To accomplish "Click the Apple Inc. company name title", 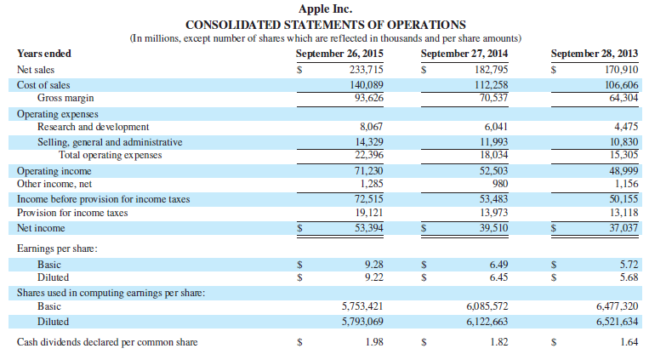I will click(325, 9).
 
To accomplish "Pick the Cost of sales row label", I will click(43, 85).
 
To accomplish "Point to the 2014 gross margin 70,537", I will click(491, 97).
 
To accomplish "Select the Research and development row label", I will click(94, 127).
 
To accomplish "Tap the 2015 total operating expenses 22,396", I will click(368, 155).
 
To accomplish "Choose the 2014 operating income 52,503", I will click(491, 170).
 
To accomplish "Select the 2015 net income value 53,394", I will click(368, 228).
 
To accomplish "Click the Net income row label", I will click(41, 228).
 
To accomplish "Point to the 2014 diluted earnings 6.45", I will click(498, 277).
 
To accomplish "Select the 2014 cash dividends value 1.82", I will click(498, 342).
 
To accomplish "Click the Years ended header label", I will click(44, 54).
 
